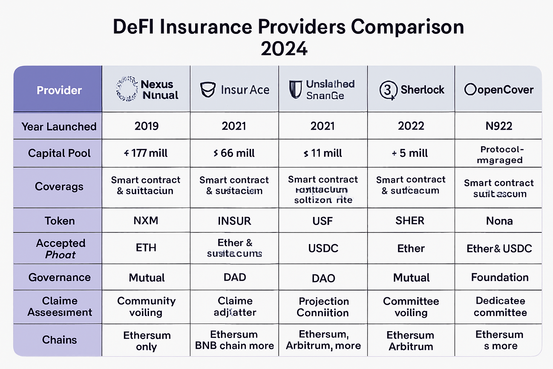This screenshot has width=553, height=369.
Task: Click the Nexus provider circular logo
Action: tap(127, 89)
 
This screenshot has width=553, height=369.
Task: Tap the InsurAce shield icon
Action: tap(208, 89)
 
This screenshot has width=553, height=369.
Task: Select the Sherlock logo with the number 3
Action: tap(388, 90)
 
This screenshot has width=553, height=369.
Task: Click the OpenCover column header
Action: tap(499, 89)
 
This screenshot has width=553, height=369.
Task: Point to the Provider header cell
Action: tap(59, 90)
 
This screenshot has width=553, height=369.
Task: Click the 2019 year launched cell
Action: tap(147, 126)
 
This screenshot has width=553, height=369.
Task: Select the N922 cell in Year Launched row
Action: tap(499, 126)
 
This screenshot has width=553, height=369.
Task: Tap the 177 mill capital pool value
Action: tap(146, 153)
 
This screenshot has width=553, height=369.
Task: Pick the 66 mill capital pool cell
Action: tap(234, 153)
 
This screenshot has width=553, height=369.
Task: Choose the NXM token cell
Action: tap(146, 221)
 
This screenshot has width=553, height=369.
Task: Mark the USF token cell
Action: tap(323, 221)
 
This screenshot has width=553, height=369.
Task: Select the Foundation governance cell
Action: tap(500, 277)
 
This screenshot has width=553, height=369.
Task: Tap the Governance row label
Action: tap(59, 277)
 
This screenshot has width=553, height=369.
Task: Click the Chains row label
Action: tap(59, 340)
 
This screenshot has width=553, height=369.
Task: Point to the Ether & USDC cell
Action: tap(499, 248)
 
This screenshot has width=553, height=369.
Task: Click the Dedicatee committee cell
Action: tap(500, 307)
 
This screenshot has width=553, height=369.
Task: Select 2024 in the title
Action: tap(284, 49)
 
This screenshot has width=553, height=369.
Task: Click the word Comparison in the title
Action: tap(407, 27)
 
